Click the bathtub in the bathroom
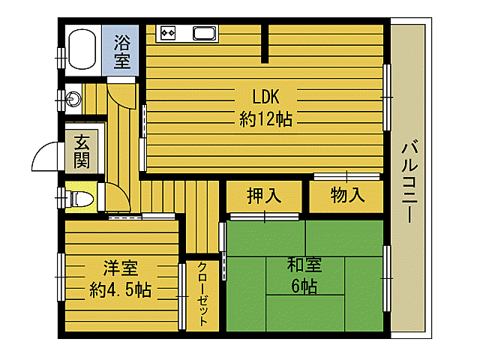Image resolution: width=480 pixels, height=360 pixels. (x=82, y=48)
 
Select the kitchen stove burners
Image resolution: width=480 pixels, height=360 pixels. (x=166, y=33)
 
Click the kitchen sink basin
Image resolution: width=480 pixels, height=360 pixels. (x=205, y=33)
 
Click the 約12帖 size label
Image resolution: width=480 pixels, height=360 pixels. (x=265, y=118)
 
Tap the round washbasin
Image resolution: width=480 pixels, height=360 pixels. (x=73, y=97)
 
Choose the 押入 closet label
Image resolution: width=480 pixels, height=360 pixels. (x=264, y=196)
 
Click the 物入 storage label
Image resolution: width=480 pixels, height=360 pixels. (x=347, y=196)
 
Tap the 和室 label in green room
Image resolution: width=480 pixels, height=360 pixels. (x=304, y=265)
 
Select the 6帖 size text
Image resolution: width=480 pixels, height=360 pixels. (x=304, y=286)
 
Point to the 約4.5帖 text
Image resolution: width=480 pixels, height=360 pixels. (x=120, y=289)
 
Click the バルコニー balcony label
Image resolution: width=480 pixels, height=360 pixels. (x=409, y=180)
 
